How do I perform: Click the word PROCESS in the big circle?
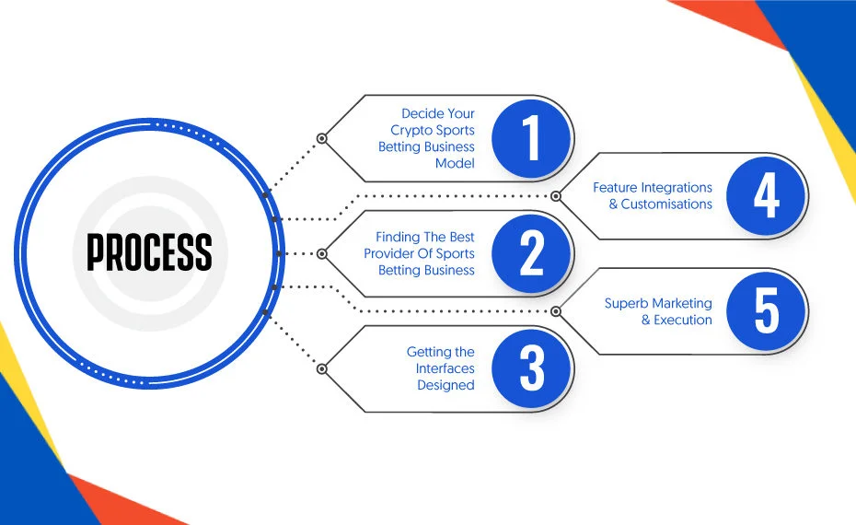pos(149,251)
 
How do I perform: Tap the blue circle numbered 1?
pos(531,138)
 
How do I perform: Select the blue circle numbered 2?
pos(531,253)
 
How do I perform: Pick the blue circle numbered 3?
pos(531,368)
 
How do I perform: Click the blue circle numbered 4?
pos(766,195)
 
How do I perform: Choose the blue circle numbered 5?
pos(766,310)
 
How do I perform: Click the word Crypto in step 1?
pos(411,131)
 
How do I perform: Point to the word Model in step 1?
pos(455,163)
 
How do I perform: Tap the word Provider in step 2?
pos(388,253)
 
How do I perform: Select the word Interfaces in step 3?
pos(445,368)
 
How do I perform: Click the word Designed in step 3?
pos(445,386)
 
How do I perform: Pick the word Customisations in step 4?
pos(666,204)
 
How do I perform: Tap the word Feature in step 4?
pos(615,188)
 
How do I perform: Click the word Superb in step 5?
pos(623,303)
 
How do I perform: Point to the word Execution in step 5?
pos(683,320)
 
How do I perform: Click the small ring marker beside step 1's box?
pos(322,139)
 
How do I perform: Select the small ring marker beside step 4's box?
pos(556,195)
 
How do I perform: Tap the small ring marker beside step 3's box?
pos(322,369)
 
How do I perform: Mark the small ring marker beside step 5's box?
pos(556,311)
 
